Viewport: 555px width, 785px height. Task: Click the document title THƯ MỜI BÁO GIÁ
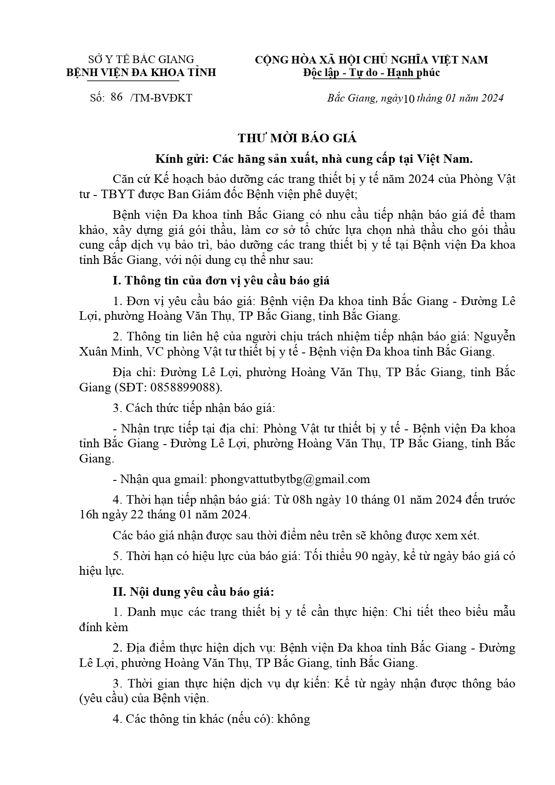tap(297, 138)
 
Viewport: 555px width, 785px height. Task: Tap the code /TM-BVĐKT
tap(161, 98)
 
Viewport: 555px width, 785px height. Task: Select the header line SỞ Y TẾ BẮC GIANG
tap(141, 59)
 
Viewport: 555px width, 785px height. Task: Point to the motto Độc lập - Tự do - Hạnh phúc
tap(371, 72)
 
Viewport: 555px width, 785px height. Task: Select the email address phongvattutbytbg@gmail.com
tap(290, 479)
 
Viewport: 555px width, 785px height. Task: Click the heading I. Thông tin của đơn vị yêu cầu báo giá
tap(221, 280)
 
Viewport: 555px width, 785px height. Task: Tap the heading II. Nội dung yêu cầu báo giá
tap(193, 592)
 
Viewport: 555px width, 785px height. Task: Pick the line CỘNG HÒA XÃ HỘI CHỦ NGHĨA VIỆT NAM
tap(371, 60)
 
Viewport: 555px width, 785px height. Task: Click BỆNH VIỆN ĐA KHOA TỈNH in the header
tap(141, 72)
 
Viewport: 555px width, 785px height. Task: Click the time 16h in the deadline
tap(87, 514)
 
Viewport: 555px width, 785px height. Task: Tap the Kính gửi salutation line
tap(314, 159)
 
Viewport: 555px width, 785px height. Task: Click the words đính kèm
tap(103, 627)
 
